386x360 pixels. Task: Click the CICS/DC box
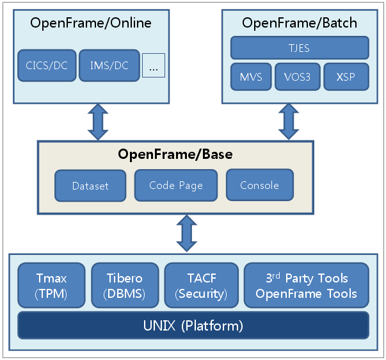(47, 65)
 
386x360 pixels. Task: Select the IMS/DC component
(108, 65)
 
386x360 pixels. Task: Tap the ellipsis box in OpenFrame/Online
(154, 65)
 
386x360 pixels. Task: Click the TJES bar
(300, 48)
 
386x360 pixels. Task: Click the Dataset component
(90, 185)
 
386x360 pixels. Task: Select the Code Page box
(176, 185)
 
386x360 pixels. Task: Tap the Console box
(259, 185)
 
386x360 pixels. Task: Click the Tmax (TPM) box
(51, 286)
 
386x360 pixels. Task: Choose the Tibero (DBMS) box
(124, 286)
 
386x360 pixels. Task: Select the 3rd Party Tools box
(307, 286)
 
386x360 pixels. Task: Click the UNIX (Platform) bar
(193, 325)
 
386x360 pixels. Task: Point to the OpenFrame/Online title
(91, 24)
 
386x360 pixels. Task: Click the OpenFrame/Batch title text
(300, 24)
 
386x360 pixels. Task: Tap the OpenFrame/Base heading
(175, 154)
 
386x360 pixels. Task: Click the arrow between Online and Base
(98, 122)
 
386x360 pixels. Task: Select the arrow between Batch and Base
(287, 122)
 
